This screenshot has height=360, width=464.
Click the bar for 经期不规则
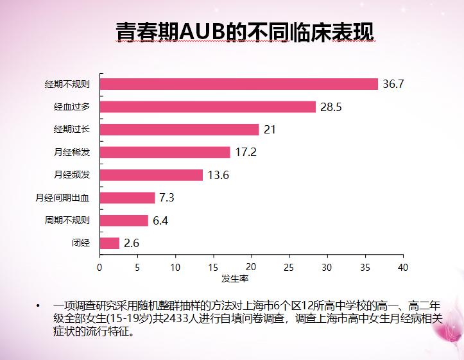239,84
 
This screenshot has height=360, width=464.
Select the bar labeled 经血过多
208,107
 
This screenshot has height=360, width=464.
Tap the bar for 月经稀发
165,152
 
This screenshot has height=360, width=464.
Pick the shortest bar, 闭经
110,243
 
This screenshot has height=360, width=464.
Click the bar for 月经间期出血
128,198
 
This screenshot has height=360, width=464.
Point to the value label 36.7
393,84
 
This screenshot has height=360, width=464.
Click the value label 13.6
218,175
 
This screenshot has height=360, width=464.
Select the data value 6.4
160,221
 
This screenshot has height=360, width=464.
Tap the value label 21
270,130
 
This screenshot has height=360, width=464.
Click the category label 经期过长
72,129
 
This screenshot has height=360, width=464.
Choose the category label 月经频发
72,175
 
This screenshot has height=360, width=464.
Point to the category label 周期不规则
67,220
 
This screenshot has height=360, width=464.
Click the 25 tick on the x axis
289,268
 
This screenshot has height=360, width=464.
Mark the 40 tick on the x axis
403,268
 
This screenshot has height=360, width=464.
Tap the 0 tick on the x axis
99,268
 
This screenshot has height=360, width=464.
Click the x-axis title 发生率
235,279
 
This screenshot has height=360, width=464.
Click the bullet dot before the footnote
38,305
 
